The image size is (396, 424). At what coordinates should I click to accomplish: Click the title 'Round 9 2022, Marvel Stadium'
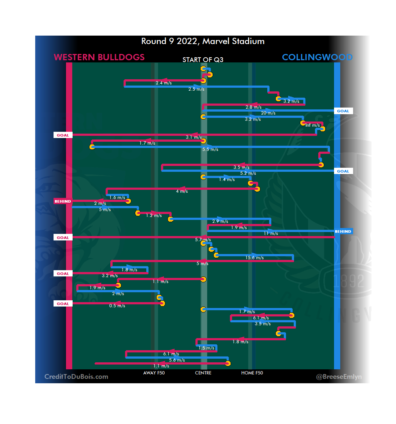(203, 41)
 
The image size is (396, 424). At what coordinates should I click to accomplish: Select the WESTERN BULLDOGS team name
(99, 57)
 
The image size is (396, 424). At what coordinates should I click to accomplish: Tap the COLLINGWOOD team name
(317, 57)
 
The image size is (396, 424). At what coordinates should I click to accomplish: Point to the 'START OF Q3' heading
(203, 60)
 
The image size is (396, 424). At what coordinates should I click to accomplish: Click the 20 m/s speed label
(268, 113)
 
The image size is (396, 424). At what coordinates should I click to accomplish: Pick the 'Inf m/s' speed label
(312, 125)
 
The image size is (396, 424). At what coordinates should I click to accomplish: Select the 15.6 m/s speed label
(254, 258)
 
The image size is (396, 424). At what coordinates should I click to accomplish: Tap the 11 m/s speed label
(271, 233)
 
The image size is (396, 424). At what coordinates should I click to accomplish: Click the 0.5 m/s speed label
(117, 306)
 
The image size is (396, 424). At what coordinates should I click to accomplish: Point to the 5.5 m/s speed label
(210, 149)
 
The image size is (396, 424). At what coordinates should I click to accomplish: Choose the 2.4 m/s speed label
(164, 83)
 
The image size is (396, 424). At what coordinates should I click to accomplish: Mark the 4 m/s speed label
(182, 191)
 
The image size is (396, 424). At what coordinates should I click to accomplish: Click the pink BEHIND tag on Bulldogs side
(63, 201)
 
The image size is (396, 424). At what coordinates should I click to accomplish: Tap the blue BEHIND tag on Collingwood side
(343, 232)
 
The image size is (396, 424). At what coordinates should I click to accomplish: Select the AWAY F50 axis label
(154, 373)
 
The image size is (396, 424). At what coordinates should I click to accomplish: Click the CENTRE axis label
(203, 373)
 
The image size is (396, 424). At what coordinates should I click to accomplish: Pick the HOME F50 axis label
(252, 373)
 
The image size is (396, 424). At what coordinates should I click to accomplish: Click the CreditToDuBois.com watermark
(76, 377)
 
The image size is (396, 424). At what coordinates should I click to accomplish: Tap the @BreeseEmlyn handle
(339, 377)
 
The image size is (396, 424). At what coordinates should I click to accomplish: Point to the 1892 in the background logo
(349, 281)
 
